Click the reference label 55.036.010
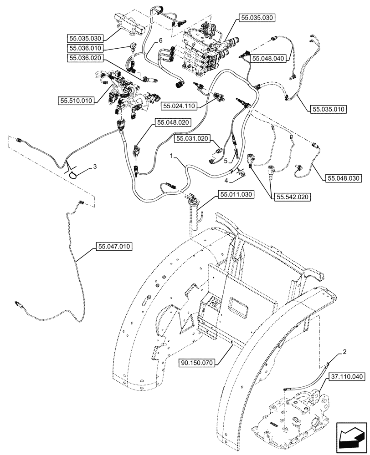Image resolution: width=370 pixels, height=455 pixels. pos(86,48)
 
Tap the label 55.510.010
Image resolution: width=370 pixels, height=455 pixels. pos(76,100)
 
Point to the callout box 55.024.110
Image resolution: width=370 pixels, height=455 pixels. pos(179,106)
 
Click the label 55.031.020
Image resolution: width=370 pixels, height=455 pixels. pos(192,137)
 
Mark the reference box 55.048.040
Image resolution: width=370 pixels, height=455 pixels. pos(268,58)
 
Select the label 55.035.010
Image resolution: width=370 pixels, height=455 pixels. pos(328,109)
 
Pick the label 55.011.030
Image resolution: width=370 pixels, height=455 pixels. pos(236,194)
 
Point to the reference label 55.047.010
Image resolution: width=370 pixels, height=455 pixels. pos(114,247)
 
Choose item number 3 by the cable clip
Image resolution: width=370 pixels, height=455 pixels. pos(95,167)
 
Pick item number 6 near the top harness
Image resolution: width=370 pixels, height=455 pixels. pos(160,40)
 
